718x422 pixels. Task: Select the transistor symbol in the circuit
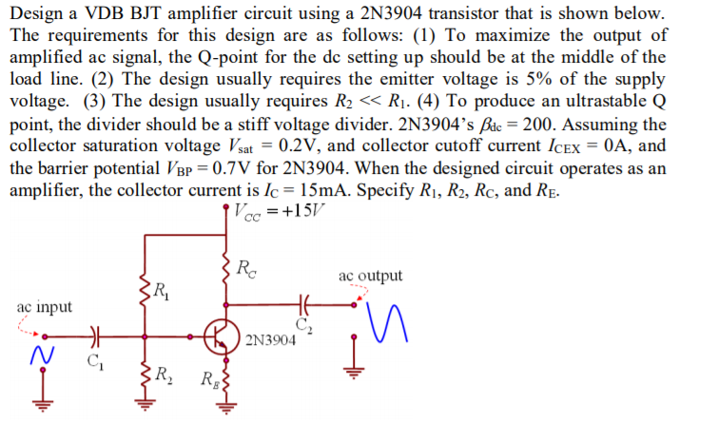click(x=222, y=335)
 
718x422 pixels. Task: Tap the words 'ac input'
click(x=42, y=307)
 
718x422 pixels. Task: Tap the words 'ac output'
click(x=370, y=276)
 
